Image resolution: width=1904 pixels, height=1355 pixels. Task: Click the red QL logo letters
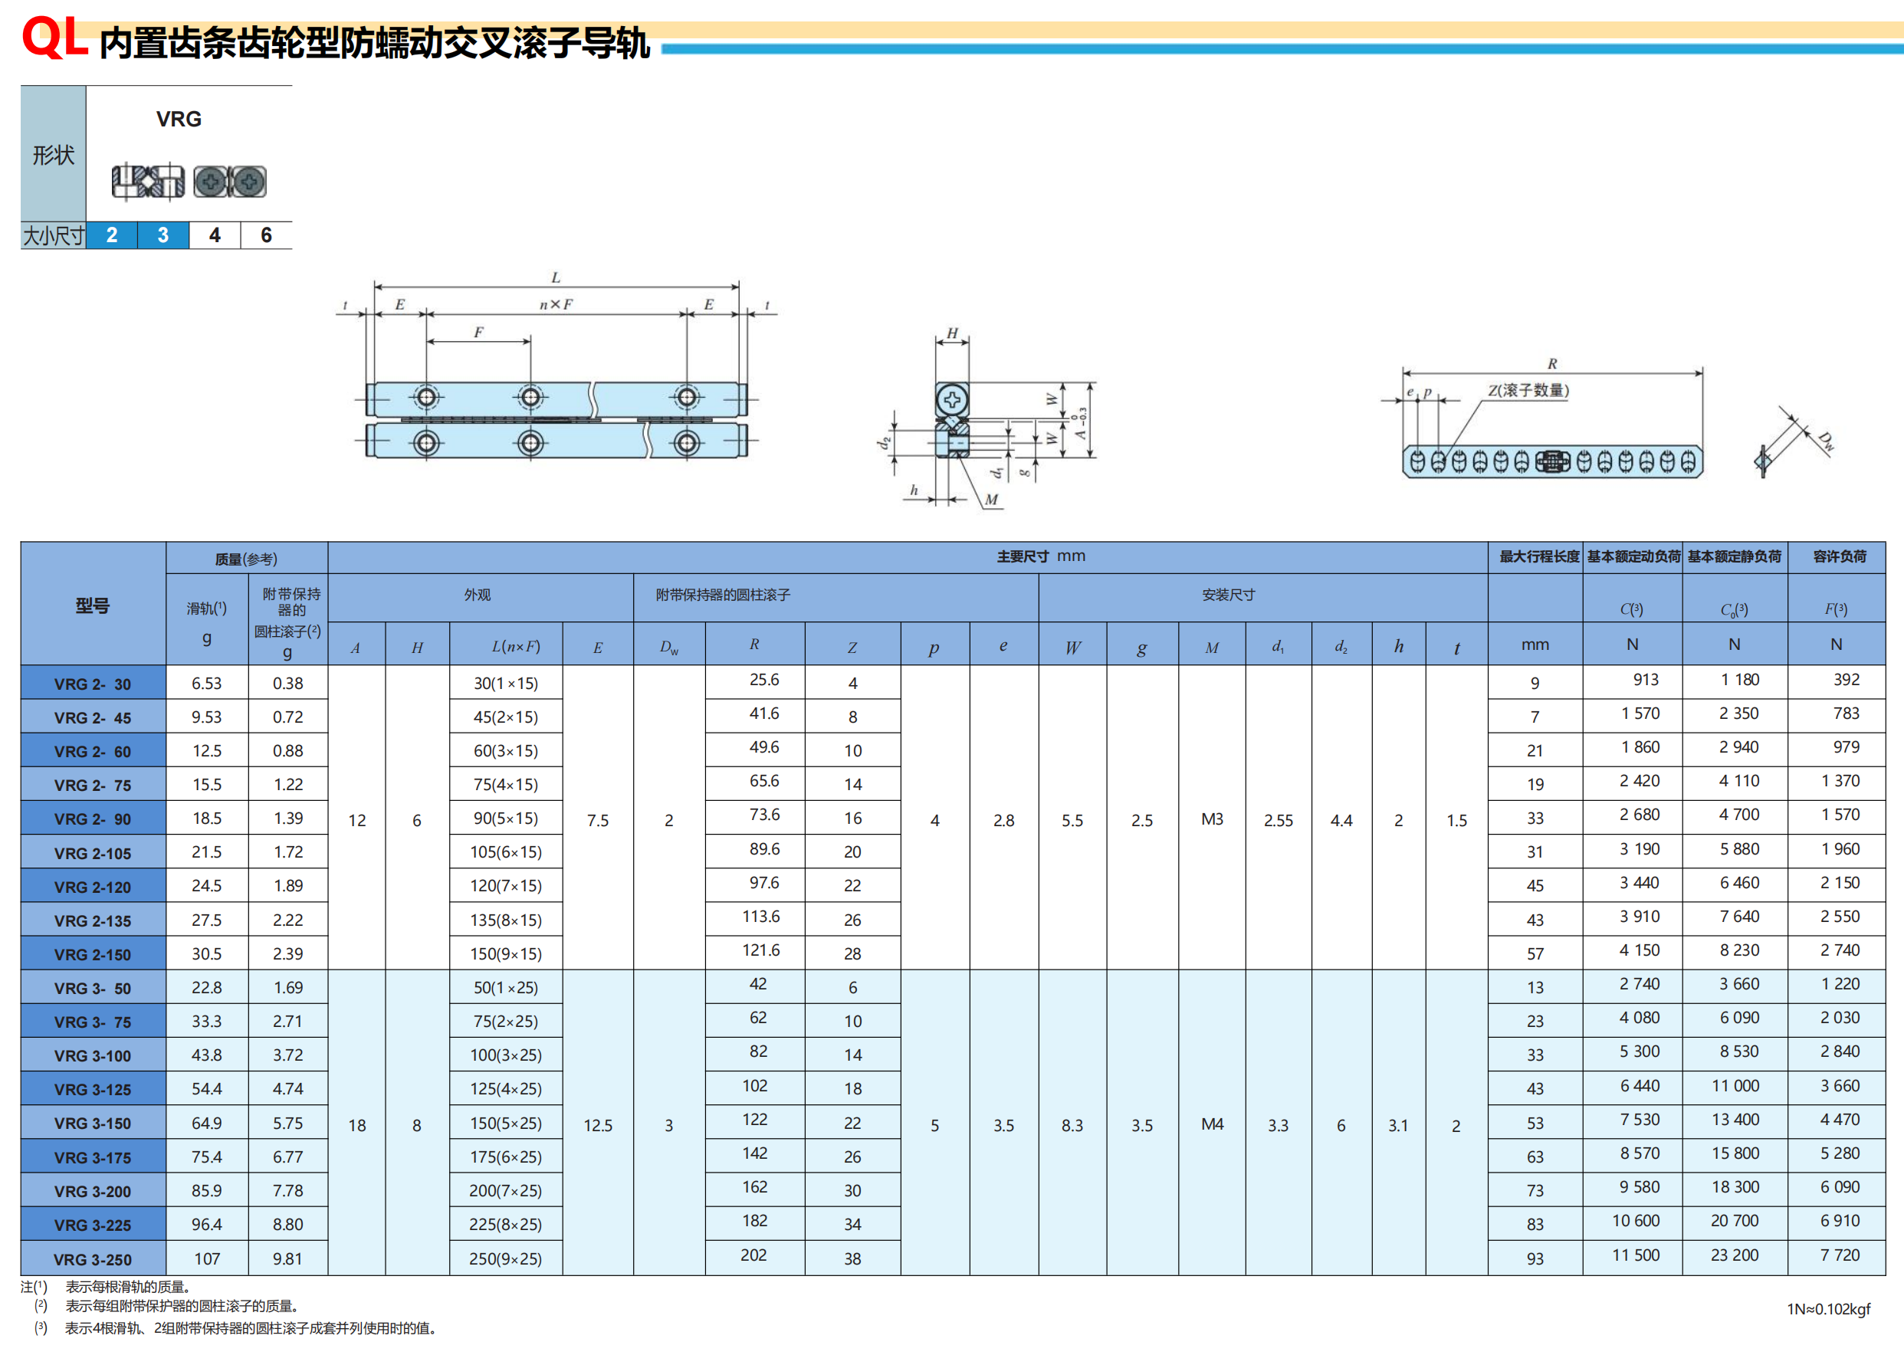point(55,38)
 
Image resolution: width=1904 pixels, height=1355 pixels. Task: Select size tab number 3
point(162,235)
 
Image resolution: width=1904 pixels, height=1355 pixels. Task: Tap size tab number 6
point(266,235)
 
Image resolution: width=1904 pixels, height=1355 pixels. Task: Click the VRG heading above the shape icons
point(179,120)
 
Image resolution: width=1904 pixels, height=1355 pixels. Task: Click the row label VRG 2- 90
point(93,819)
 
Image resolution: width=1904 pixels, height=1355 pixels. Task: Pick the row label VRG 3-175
point(93,1157)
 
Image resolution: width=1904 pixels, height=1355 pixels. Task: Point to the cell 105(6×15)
point(506,852)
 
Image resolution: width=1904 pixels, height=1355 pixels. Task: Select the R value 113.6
point(761,916)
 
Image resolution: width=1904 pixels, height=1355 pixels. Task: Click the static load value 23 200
point(1735,1255)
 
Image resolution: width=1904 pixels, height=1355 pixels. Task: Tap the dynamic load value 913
point(1646,679)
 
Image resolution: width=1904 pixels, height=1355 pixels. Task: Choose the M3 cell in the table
point(1212,819)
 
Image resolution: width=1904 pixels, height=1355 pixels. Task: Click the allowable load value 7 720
point(1840,1255)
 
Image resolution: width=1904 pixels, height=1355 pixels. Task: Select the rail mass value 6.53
point(207,684)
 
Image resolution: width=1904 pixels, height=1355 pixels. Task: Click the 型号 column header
point(93,605)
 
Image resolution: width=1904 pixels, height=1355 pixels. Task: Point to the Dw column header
point(669,648)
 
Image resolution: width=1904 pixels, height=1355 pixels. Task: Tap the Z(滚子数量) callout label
point(1528,390)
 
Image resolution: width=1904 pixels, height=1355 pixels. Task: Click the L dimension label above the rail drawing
point(556,277)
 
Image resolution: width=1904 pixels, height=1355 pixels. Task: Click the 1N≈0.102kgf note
point(1828,1309)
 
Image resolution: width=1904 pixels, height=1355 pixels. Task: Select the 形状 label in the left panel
point(54,155)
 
